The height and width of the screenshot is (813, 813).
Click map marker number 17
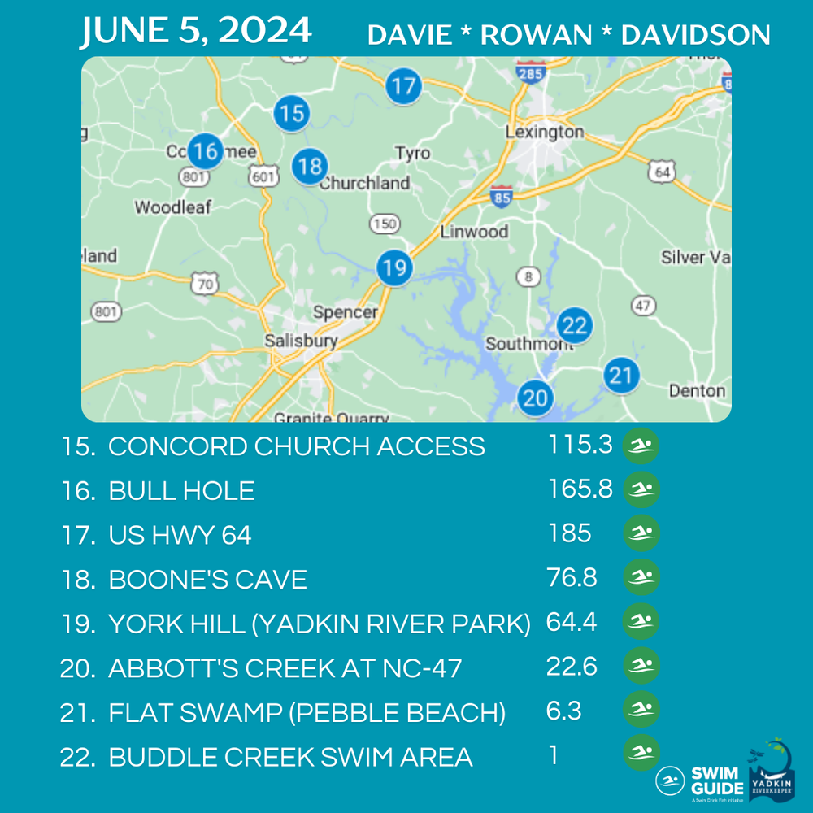coord(403,85)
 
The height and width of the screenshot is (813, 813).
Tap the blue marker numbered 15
coord(291,113)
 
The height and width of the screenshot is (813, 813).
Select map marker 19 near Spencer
coord(394,267)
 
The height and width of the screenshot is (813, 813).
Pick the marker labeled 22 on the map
coord(574,326)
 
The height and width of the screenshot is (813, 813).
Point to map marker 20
coord(535,398)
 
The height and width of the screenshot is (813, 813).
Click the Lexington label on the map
coord(544,132)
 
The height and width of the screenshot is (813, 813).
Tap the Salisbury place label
coord(301,341)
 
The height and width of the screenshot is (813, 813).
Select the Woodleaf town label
coord(172,207)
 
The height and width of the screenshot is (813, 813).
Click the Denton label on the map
coord(697,391)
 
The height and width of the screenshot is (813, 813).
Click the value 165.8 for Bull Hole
coord(580,489)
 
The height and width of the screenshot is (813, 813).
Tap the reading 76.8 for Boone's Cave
coord(572,578)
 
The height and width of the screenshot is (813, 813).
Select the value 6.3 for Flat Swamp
coord(563,711)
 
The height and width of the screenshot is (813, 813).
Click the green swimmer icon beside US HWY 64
coord(641,534)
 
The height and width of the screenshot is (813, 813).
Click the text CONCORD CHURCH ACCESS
coord(297,446)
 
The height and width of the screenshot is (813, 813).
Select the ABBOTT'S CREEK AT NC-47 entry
coord(285,668)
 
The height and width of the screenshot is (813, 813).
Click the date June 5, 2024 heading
coord(196,31)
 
